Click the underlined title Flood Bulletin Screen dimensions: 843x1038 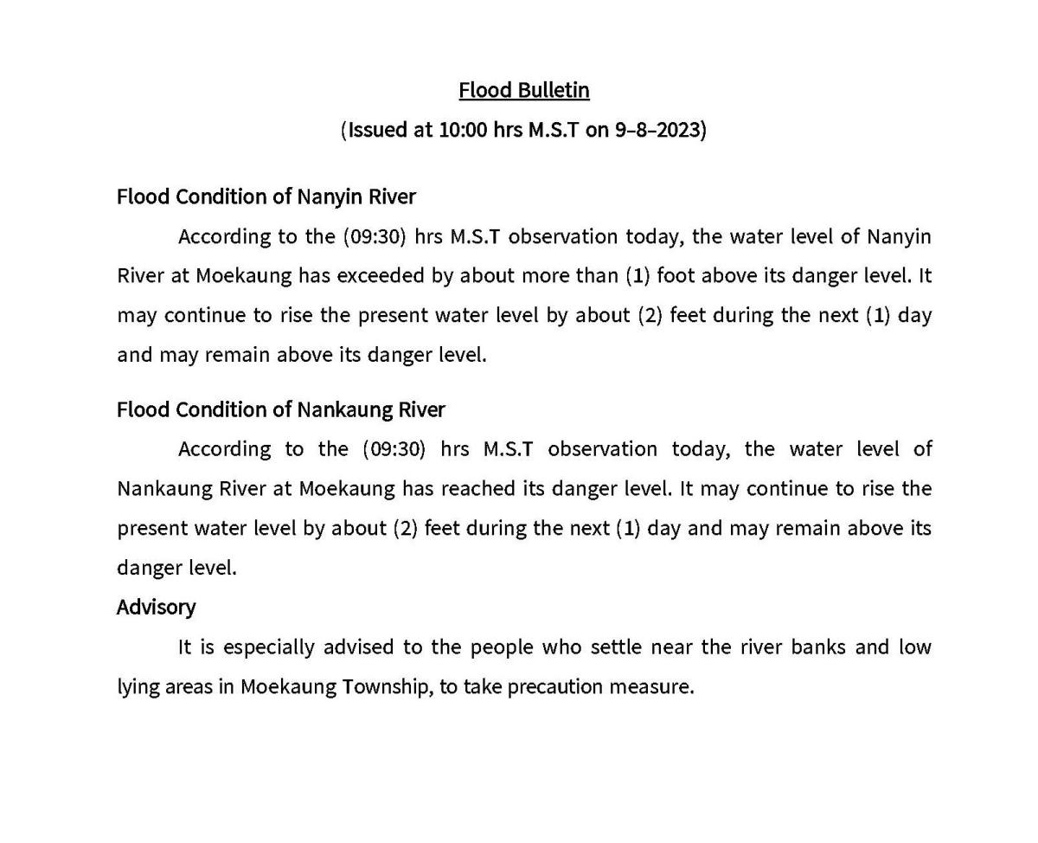coord(523,90)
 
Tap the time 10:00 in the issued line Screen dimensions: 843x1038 coord(463,130)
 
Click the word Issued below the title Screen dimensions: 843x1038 coord(376,130)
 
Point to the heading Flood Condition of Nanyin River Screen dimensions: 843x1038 coord(266,196)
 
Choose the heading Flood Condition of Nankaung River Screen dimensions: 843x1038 coord(280,409)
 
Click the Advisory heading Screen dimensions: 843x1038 coord(156,607)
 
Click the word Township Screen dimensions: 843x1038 coord(385,687)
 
